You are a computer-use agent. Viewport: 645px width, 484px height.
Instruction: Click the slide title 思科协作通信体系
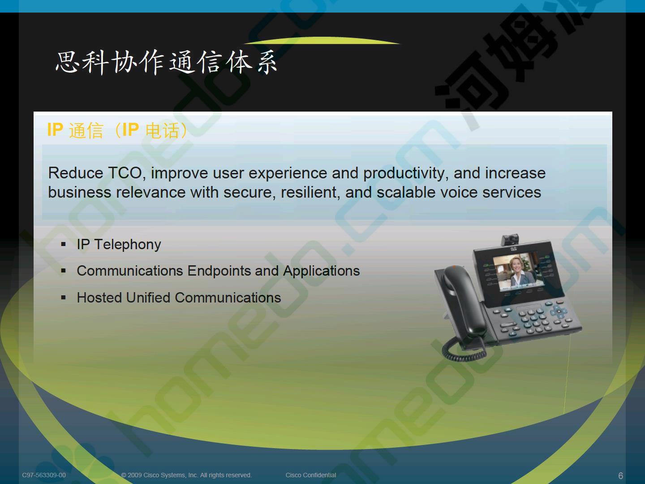coord(166,62)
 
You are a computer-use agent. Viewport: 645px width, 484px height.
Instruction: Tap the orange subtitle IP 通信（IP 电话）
coord(117,130)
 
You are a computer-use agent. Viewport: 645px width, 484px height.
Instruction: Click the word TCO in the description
coord(125,173)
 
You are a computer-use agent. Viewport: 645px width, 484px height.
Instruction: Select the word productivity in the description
coord(404,173)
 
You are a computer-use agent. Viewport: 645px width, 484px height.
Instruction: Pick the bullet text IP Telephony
coord(119,245)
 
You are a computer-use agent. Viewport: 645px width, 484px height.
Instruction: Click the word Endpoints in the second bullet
coord(219,271)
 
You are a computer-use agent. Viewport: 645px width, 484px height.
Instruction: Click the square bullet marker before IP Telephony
coord(63,244)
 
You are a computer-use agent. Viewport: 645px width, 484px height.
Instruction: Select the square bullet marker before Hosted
coord(63,298)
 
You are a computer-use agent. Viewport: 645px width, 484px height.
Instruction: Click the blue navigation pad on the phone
coord(559,311)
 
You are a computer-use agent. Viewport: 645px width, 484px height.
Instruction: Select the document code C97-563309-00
coord(44,475)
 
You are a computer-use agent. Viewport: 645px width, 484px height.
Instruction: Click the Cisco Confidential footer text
coord(310,475)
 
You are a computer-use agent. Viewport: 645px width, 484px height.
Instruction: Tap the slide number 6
coord(621,475)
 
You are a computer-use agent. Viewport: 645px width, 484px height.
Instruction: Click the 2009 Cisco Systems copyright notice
coord(186,475)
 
